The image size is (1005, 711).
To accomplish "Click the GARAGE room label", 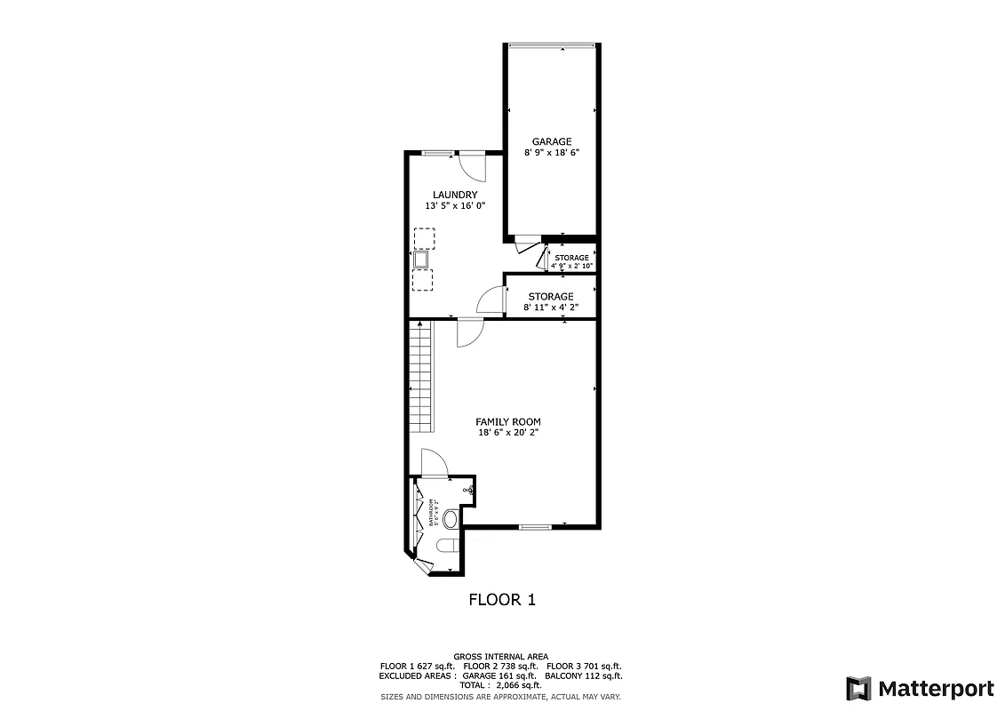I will coord(551,141).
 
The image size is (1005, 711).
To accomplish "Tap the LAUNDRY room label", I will coord(455,195).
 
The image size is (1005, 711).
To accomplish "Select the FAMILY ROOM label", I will coord(507,422).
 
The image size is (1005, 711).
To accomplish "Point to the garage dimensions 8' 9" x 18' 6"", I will coord(551,153).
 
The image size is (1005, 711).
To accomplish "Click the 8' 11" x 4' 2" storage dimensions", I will coord(551,308).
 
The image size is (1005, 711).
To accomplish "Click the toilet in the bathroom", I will coord(446,544).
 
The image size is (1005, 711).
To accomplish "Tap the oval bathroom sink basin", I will coord(451,518).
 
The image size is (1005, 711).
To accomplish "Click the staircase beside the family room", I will coord(420,378).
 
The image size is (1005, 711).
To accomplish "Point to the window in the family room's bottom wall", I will coord(535,527).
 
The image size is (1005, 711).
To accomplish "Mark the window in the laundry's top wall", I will coord(435,153).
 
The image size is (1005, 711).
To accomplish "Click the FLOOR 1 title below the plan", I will coord(501,600).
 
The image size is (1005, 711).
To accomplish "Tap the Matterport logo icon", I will coord(858,688).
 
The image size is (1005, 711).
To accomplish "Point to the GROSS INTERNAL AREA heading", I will coord(500,656).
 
